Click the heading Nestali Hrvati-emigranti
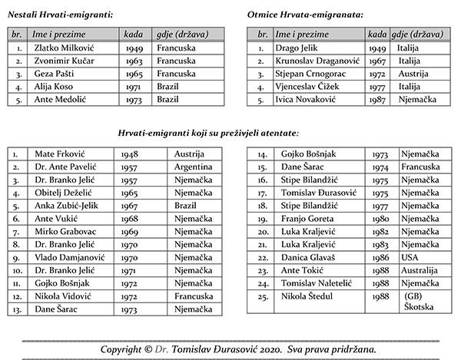tap(60, 15)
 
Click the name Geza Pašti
tap(55, 74)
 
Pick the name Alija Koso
tap(53, 87)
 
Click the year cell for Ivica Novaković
tap(376, 100)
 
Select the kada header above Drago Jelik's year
tap(376, 35)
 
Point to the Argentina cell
tap(194, 167)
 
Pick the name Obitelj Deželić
tap(63, 193)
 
